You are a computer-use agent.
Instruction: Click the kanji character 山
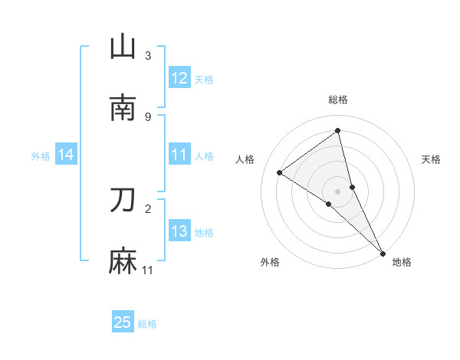coord(123,47)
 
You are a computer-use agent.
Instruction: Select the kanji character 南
coord(123,108)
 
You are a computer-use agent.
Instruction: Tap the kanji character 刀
coord(123,200)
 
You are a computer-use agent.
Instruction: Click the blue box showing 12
coord(179,78)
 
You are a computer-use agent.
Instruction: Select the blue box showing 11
coord(179,155)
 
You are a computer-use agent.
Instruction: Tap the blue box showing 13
coord(179,231)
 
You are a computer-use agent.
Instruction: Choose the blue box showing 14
coord(66,155)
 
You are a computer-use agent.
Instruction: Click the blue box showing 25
coord(123,322)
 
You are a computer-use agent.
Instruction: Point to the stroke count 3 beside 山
coord(148,56)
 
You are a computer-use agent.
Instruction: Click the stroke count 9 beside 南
coord(148,116)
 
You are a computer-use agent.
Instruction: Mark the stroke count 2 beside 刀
coord(148,208)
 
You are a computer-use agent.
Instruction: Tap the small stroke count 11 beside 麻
coord(148,270)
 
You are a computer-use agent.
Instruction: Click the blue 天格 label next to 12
coord(204,79)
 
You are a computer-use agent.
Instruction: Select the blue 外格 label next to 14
coord(41,155)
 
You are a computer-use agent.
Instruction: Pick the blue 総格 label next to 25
coord(147,324)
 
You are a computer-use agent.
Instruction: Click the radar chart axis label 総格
coord(338,100)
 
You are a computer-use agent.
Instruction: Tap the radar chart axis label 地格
coord(402,262)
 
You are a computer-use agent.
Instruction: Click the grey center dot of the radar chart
coord(338,191)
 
